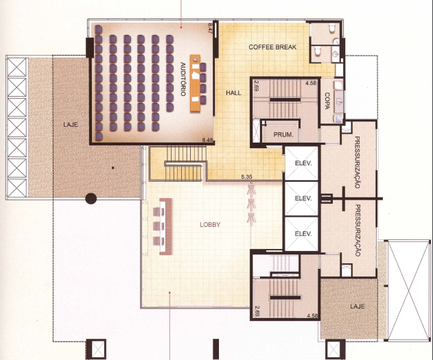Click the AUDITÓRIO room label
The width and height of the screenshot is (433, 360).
[x=183, y=79]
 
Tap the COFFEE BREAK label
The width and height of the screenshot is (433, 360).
[x=272, y=47]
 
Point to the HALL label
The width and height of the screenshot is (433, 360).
[x=233, y=93]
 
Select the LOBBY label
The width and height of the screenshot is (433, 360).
[x=210, y=224]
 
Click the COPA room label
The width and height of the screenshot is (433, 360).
[x=327, y=101]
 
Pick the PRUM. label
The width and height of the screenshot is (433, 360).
[x=283, y=135]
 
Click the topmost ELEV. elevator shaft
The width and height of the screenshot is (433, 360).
[x=301, y=163]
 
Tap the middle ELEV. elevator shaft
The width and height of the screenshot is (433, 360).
[x=301, y=198]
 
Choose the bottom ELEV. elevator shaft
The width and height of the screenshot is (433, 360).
[x=301, y=234]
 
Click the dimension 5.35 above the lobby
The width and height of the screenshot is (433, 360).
[x=246, y=177]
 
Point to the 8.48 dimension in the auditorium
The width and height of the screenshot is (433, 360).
[x=208, y=140]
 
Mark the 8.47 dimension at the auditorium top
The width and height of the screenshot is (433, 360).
[x=209, y=28]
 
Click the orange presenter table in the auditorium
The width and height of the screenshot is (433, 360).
[x=195, y=83]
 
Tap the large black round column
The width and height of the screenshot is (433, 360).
[x=91, y=198]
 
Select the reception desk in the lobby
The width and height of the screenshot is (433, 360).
[x=166, y=226]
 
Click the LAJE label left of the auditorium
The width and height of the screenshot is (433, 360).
[x=71, y=124]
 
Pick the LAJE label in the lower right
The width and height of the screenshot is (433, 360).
[x=358, y=307]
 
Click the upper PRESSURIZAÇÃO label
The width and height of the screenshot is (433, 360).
[x=357, y=163]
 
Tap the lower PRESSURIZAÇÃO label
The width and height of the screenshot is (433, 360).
[x=357, y=230]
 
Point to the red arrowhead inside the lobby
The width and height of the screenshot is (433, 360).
[x=169, y=292]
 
